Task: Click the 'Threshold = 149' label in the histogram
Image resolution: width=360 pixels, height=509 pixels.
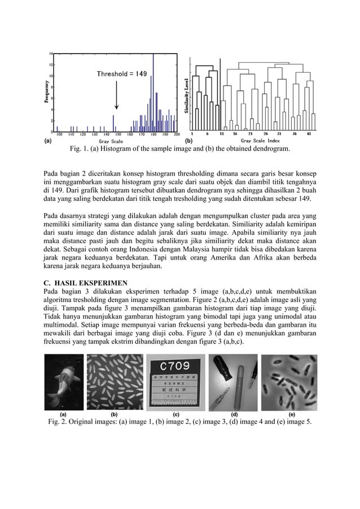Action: (122, 74)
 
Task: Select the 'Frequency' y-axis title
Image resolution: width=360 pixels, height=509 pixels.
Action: (46, 91)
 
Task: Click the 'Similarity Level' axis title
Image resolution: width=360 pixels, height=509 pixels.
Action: (187, 96)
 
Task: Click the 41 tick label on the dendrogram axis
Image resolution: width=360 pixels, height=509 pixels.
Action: (310, 134)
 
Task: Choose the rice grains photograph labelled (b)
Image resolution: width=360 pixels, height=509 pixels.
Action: (116, 381)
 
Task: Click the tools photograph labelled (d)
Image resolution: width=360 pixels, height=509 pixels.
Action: (234, 381)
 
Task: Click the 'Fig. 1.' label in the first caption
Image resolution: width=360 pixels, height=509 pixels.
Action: (79, 149)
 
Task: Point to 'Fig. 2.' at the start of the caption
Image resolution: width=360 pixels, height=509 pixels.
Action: (59, 422)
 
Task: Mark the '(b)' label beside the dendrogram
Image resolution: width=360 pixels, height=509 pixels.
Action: (190, 141)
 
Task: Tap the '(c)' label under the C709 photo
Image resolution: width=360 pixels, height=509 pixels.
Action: (176, 414)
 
